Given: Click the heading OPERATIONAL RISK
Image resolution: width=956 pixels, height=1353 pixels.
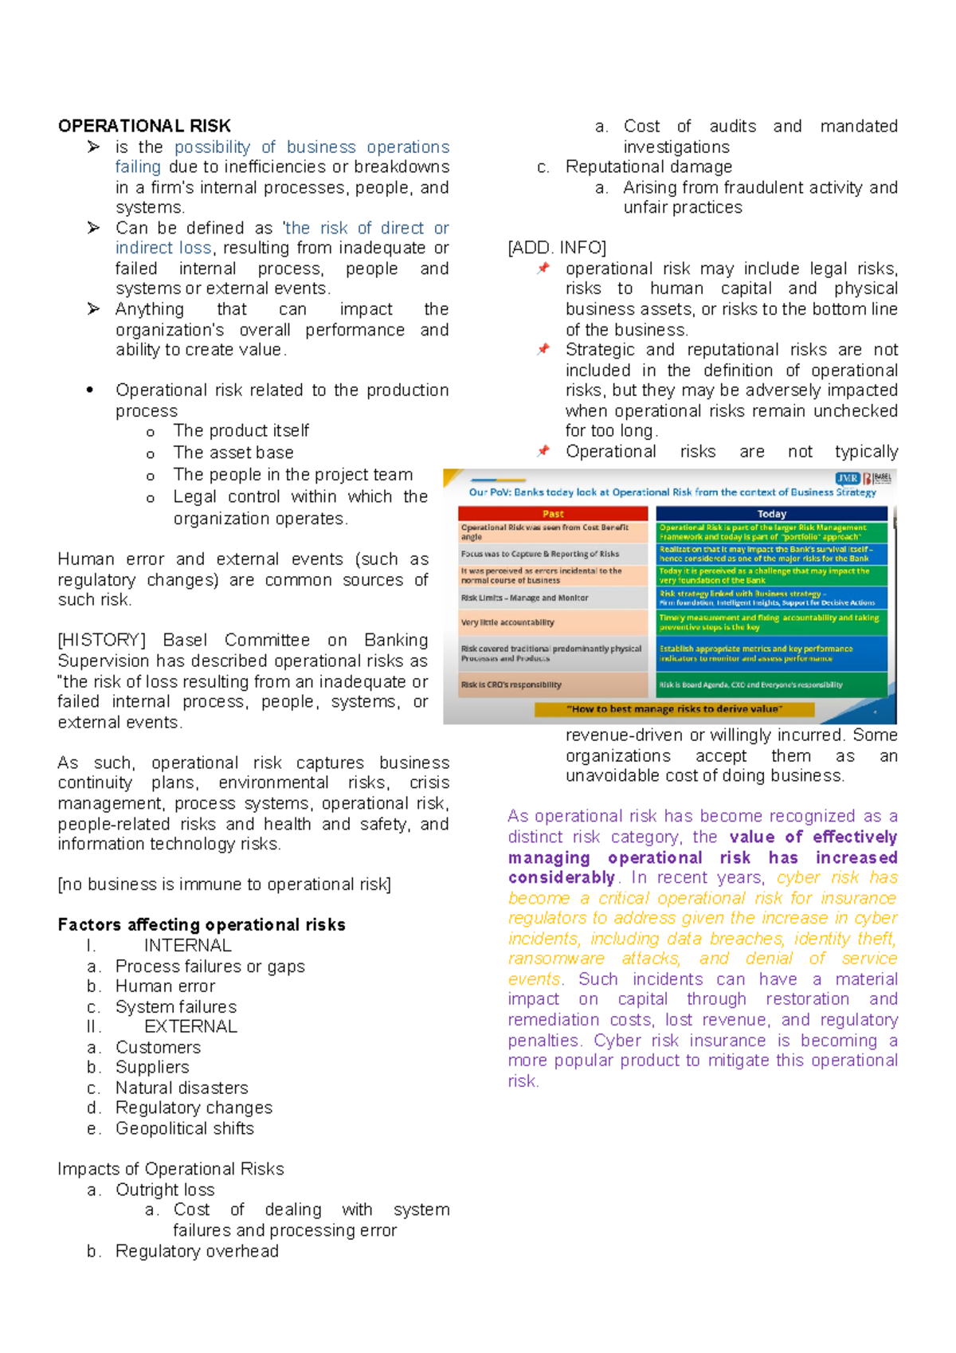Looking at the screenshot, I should [x=144, y=126].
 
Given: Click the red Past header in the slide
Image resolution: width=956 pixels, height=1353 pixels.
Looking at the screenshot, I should [x=553, y=514].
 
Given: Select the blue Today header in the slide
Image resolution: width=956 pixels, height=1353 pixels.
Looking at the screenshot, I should [x=771, y=514].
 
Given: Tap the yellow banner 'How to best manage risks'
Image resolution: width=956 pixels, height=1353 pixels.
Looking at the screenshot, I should [x=674, y=708].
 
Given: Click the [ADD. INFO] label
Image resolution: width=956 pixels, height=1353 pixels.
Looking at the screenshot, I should [x=557, y=248].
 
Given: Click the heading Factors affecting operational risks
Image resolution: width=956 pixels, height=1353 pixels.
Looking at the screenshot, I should [x=202, y=924].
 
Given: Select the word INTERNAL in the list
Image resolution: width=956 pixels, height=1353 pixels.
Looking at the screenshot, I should [x=188, y=946].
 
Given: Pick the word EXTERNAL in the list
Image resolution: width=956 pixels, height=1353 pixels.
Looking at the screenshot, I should [x=190, y=1026].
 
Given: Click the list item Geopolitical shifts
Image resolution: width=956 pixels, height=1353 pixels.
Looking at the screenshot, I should [x=184, y=1128].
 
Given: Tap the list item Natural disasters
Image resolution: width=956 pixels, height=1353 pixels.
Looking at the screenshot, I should [x=182, y=1088].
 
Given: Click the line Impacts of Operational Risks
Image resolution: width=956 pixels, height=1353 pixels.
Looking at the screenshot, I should [x=170, y=1169].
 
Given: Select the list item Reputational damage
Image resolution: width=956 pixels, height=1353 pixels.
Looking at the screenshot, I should [x=648, y=167].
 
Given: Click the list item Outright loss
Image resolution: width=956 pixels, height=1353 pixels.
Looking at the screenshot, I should [x=165, y=1190].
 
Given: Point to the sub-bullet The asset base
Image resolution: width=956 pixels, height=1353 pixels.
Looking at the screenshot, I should [x=233, y=453].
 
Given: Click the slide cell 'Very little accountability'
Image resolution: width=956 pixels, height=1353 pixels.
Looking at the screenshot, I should [x=507, y=622].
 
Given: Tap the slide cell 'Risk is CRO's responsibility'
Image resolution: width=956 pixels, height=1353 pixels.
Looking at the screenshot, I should [x=511, y=684].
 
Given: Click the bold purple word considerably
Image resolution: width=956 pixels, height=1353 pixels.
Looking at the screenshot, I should [x=562, y=877].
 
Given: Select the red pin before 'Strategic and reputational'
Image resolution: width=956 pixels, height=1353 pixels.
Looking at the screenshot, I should [x=543, y=349].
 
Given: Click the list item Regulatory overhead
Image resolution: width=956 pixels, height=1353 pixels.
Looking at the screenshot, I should [x=197, y=1251].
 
